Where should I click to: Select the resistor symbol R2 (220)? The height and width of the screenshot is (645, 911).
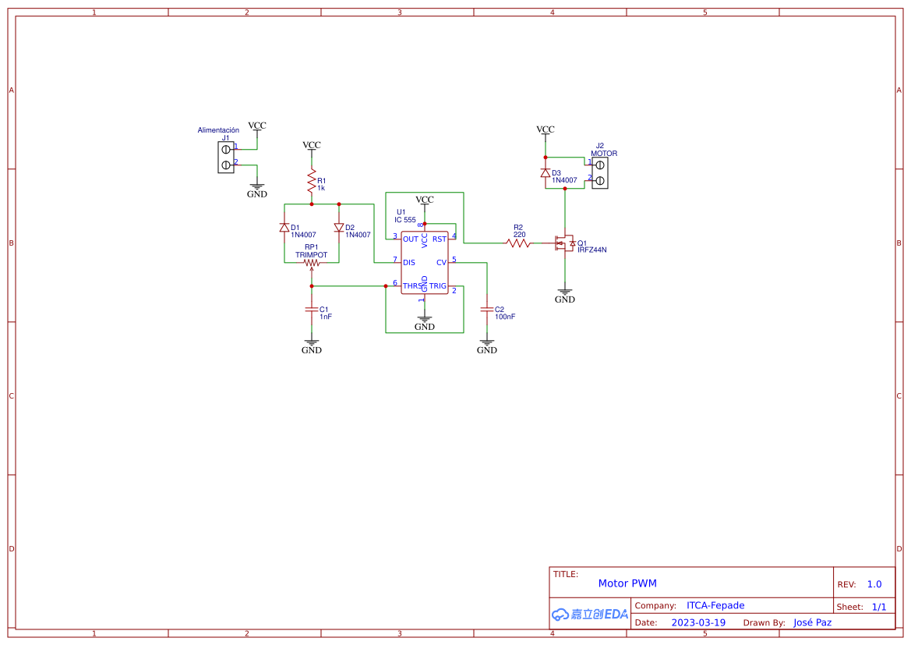[x=518, y=243]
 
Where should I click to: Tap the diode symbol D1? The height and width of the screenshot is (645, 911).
[x=284, y=228]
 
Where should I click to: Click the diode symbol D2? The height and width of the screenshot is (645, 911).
[x=339, y=228]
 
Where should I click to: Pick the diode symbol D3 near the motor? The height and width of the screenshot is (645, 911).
[x=546, y=173]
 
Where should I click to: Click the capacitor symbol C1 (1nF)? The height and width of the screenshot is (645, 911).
[x=312, y=310]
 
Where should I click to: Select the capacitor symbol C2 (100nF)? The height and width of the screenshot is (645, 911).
[x=487, y=310]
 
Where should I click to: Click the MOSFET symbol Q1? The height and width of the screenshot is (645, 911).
[x=563, y=244]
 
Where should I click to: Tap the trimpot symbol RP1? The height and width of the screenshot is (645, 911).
[x=312, y=263]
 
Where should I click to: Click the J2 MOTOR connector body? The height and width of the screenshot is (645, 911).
[x=600, y=172]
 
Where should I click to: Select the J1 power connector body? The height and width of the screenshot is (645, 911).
[x=226, y=156]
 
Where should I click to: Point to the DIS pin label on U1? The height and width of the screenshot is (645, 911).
[x=409, y=263]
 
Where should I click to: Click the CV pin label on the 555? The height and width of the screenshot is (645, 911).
[x=441, y=263]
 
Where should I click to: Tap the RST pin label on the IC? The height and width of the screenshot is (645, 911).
[x=440, y=239]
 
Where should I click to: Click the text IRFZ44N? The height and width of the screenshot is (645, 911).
[x=591, y=250]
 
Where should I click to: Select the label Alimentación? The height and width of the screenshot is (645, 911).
[x=218, y=130]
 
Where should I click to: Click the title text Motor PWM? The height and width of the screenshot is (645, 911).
[x=627, y=583]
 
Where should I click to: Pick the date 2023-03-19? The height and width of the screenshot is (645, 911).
[x=698, y=622]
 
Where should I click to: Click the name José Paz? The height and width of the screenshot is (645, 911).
[x=812, y=622]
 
